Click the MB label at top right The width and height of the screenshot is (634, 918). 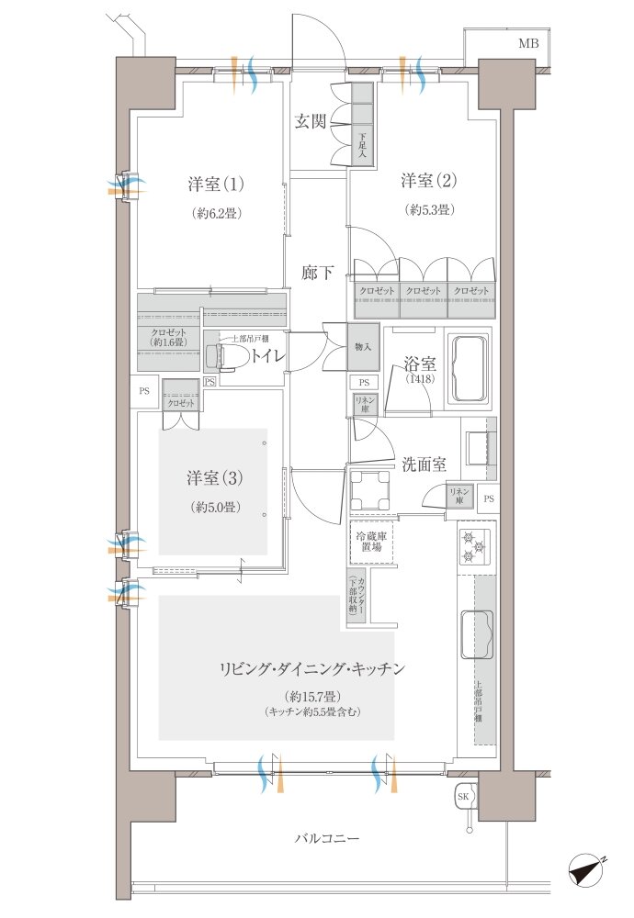click(528, 43)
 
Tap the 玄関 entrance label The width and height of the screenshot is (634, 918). click(311, 120)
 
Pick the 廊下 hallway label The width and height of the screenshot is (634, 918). click(317, 273)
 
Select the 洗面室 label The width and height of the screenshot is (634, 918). click(424, 465)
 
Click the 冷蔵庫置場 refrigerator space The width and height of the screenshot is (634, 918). click(372, 542)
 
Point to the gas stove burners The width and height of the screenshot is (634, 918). click(475, 547)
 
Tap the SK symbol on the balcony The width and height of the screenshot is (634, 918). click(464, 797)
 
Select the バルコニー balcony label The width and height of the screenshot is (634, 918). click(327, 839)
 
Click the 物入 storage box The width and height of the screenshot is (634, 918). click(363, 346)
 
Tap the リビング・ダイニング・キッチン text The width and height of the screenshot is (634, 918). click(311, 669)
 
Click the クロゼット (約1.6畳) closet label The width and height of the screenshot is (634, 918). click(167, 337)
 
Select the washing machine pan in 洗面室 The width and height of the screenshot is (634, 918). click(371, 489)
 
